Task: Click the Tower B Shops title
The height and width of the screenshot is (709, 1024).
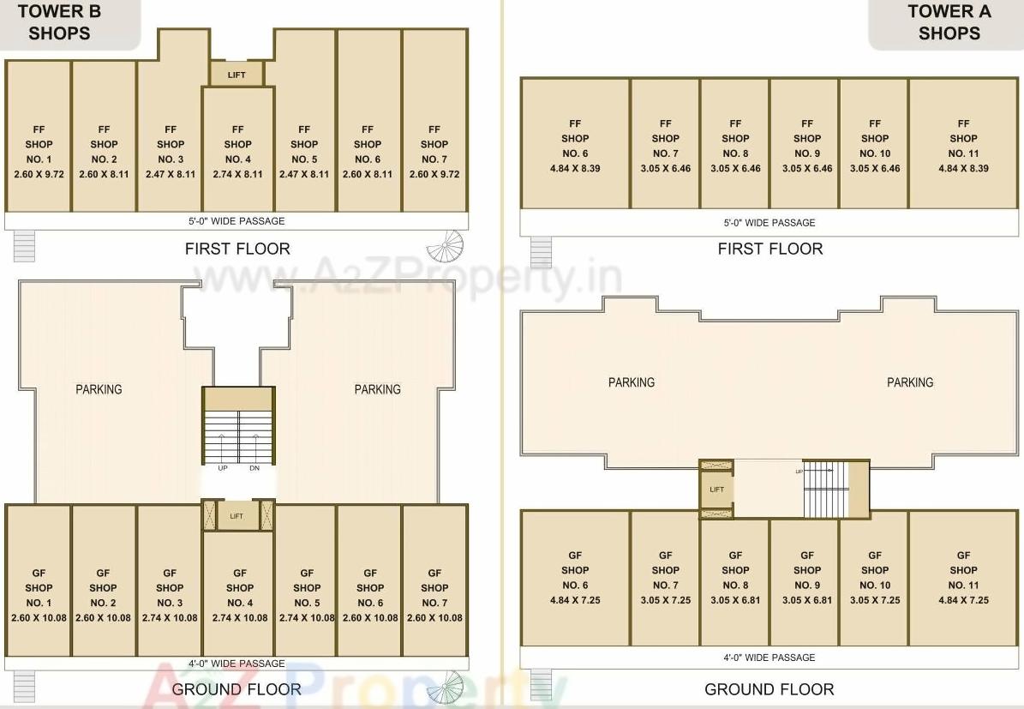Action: tap(59, 22)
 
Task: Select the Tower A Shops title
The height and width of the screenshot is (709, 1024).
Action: tap(949, 22)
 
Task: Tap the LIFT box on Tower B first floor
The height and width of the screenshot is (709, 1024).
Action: tap(237, 75)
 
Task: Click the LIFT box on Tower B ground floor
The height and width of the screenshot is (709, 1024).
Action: tap(237, 516)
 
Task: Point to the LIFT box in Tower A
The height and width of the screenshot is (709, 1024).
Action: tap(716, 490)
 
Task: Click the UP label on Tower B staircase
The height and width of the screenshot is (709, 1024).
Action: tap(223, 469)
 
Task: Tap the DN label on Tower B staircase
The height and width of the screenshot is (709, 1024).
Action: tap(255, 469)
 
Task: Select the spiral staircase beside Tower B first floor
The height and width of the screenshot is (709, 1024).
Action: tap(446, 247)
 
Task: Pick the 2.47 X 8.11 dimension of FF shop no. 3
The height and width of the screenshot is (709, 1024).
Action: tap(171, 174)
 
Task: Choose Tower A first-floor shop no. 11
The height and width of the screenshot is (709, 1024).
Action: tap(963, 146)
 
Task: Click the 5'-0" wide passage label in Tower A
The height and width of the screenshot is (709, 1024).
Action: tap(769, 223)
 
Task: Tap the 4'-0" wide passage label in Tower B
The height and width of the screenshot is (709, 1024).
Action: tap(237, 664)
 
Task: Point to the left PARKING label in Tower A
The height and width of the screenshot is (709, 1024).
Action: tap(632, 382)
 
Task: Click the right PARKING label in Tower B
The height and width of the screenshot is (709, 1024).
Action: tap(377, 389)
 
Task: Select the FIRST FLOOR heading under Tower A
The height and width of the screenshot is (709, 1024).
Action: tap(769, 249)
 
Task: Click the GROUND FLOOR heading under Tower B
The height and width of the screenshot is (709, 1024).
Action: tap(237, 689)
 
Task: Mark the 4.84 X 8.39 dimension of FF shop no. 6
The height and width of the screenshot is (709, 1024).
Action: tap(575, 169)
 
